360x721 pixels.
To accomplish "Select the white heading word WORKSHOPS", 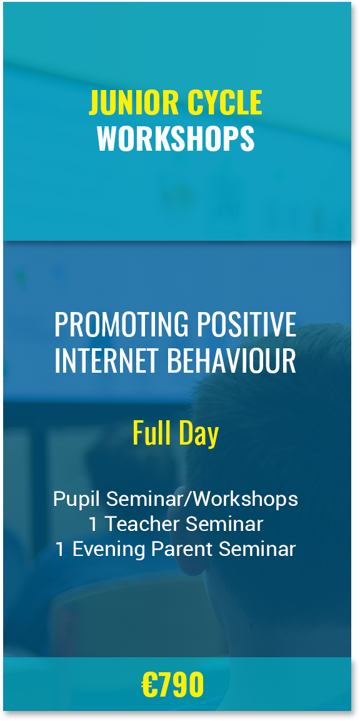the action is (x=176, y=138).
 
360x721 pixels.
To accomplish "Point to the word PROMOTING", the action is (x=121, y=325).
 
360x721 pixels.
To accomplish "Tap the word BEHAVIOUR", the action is (x=232, y=361).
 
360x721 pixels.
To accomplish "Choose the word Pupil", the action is (x=77, y=500).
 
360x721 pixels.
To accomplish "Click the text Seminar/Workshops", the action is (x=202, y=500).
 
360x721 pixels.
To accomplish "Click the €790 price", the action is (x=172, y=685).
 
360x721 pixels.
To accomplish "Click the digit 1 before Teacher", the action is (x=94, y=524).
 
